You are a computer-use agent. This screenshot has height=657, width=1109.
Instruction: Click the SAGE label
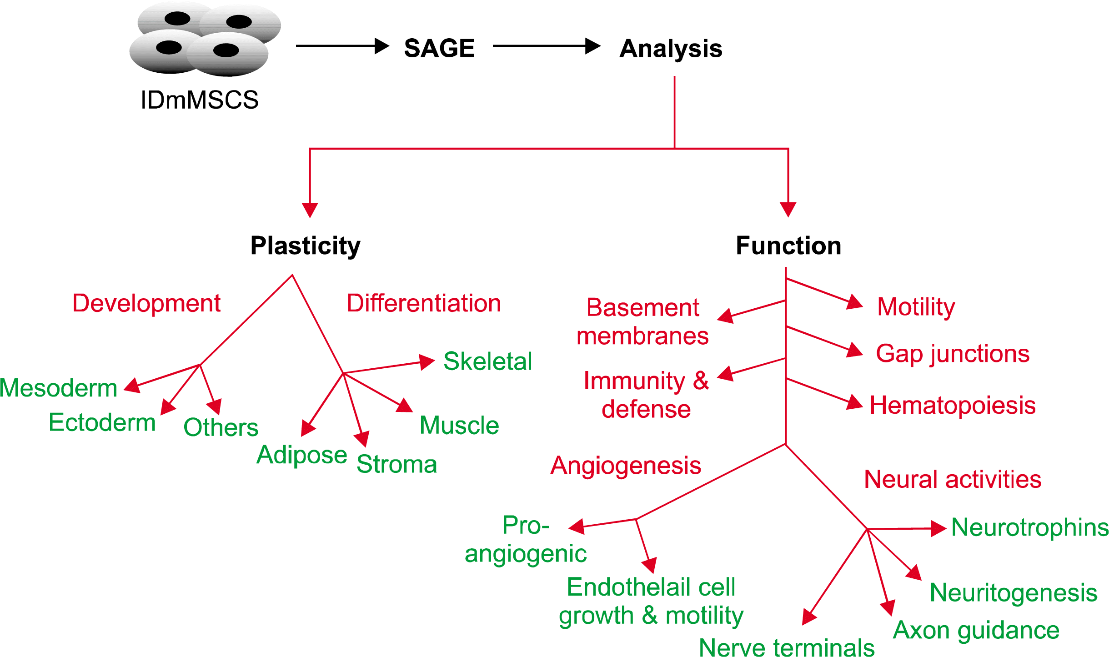(x=439, y=48)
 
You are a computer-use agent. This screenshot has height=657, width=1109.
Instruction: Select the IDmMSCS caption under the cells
(x=199, y=100)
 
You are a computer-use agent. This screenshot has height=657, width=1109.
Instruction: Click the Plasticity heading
(x=305, y=246)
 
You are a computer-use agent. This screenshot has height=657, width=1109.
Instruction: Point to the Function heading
(x=788, y=246)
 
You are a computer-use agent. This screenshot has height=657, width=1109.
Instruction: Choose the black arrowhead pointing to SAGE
(x=382, y=46)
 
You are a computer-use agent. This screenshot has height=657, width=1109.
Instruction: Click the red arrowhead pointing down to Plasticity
(x=310, y=210)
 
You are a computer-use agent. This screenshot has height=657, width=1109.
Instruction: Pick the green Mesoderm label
(x=58, y=388)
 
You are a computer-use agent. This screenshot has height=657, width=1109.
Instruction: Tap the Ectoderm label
(x=102, y=422)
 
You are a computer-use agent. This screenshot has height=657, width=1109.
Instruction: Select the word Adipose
(x=301, y=455)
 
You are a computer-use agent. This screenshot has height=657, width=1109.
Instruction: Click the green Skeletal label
(x=487, y=361)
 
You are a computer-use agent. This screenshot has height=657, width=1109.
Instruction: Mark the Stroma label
(x=396, y=464)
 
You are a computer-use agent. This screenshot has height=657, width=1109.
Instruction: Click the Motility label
(x=916, y=307)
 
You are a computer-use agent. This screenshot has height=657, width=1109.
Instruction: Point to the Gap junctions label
(x=953, y=354)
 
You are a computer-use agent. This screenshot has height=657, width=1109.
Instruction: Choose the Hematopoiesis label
(x=953, y=405)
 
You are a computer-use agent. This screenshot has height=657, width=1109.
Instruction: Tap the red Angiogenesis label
(x=626, y=466)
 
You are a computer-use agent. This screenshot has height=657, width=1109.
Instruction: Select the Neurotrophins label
(x=1030, y=527)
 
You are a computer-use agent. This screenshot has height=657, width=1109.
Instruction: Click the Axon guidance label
(x=976, y=631)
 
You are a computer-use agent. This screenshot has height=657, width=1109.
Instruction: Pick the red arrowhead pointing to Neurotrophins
(x=938, y=528)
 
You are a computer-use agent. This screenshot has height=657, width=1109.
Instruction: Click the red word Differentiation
(x=424, y=303)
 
